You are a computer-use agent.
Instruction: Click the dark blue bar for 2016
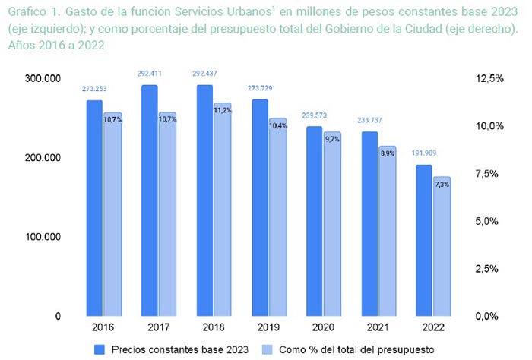point(94,207)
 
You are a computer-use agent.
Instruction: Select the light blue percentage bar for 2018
point(223,209)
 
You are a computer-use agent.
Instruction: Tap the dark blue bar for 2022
point(423,240)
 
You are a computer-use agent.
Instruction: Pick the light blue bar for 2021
point(387,231)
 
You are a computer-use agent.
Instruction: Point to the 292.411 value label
point(150,74)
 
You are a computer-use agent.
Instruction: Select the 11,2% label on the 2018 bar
point(223,110)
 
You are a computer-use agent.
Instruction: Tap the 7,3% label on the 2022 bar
point(442,185)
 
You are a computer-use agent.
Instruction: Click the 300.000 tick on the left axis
point(42,79)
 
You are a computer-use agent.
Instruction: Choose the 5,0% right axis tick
point(488,221)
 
